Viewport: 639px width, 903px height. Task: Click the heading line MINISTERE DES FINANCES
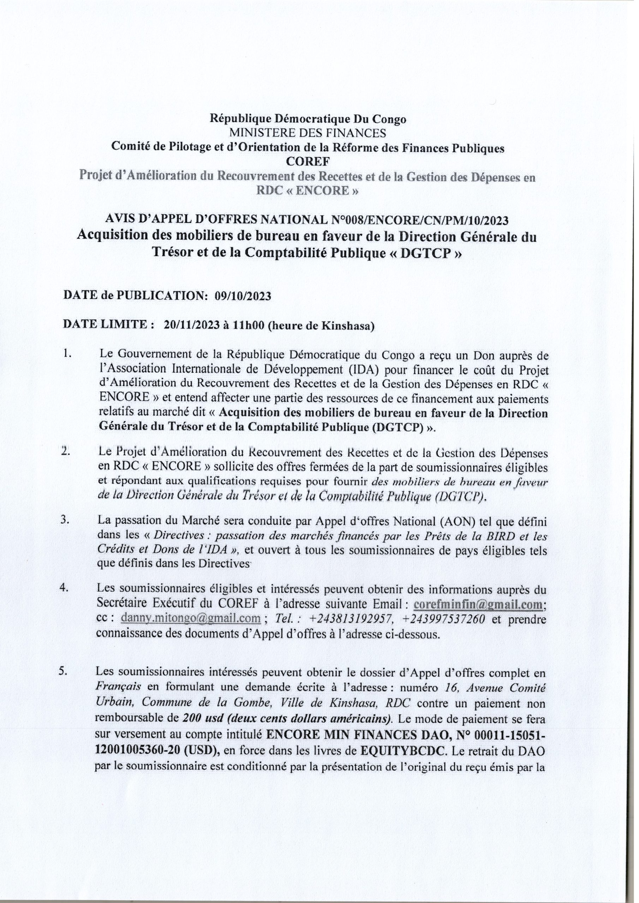click(308, 133)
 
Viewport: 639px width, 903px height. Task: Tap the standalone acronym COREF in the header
click(308, 161)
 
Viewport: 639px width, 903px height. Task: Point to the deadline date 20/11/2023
click(192, 325)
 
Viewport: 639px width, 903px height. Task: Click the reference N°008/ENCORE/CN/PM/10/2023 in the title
click(417, 220)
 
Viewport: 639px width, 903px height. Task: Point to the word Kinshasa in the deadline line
click(346, 325)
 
